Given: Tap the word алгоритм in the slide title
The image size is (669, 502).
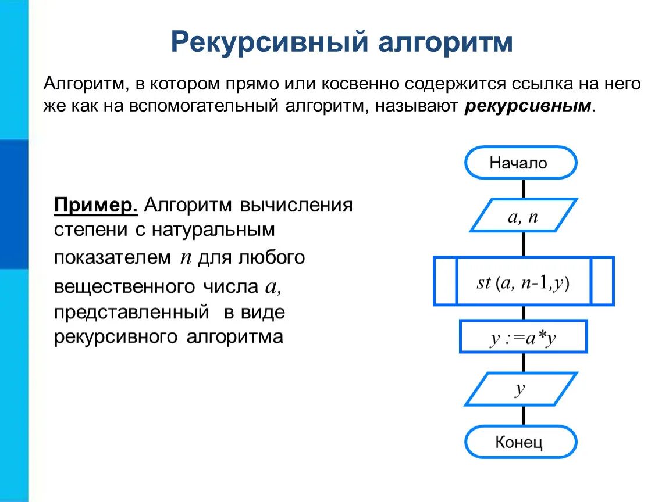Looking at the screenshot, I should (446, 42).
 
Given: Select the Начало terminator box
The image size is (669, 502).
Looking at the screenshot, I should (520, 163).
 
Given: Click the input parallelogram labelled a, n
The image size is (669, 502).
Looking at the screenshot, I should (522, 216).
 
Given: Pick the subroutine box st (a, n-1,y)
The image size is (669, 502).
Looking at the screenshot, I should (523, 282).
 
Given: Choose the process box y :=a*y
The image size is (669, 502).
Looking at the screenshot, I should (523, 337).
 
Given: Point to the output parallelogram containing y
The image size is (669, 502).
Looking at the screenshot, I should (521, 389).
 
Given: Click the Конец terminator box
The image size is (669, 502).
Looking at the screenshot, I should (520, 443).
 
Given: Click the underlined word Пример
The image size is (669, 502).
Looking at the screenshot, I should (96, 206).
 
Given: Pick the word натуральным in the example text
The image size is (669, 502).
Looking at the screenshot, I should (213, 230).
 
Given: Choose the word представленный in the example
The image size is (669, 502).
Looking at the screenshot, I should (131, 313).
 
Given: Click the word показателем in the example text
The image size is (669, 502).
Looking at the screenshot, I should (113, 257).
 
